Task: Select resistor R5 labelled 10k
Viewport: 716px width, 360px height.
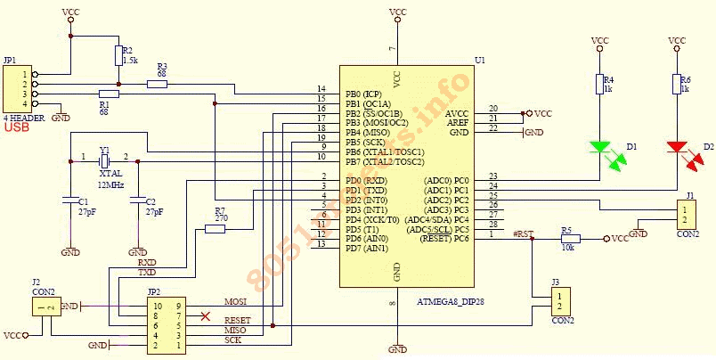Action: coord(570,239)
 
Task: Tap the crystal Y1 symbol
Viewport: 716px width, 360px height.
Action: coord(104,160)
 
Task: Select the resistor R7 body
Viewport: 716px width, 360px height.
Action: coord(216,228)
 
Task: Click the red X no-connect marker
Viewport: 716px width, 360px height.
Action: coord(206,315)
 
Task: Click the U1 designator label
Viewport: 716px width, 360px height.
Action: coord(481,60)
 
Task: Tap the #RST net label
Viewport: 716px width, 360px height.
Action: coord(524,233)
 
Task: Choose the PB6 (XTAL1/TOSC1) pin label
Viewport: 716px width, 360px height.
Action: coord(386,152)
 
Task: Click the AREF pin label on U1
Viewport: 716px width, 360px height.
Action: coord(457,123)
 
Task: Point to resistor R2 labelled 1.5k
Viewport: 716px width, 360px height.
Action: coord(118,55)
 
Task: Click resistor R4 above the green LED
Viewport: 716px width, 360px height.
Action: coord(600,85)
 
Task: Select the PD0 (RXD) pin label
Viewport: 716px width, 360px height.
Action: coord(366,181)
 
